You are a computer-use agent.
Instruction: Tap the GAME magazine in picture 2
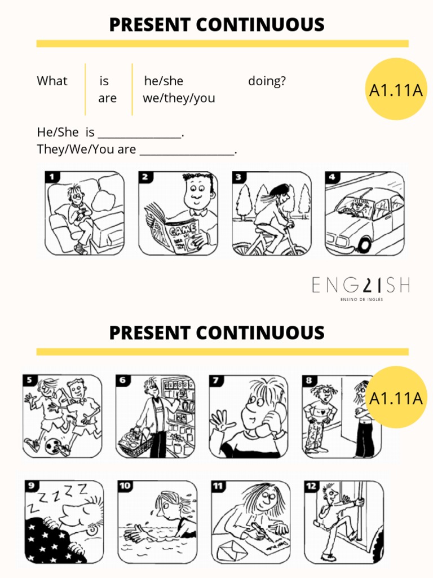[175, 232]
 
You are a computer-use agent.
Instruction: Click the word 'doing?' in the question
[267, 81]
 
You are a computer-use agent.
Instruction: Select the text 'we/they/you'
[179, 98]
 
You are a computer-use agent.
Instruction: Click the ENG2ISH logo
[361, 286]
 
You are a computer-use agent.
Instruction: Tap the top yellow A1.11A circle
[396, 89]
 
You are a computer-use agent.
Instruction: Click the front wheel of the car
[364, 244]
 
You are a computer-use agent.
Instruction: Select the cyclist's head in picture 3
[280, 194]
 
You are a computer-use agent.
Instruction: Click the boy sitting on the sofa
[78, 214]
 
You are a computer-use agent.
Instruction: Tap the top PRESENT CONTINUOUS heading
[216, 25]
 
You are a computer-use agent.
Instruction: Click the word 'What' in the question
[52, 81]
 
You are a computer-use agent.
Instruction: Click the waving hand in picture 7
[220, 421]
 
